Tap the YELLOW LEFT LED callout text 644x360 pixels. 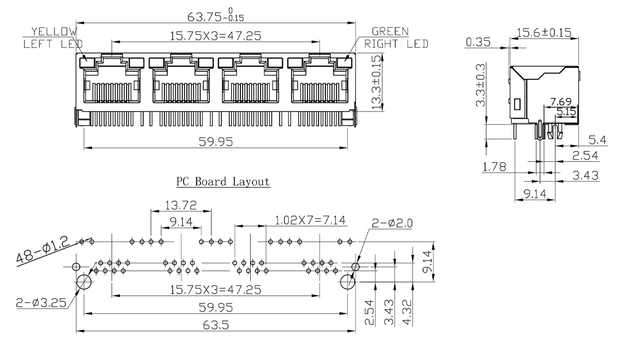click(53, 37)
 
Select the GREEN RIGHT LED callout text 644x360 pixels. click(396, 37)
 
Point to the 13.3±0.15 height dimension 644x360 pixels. click(377, 82)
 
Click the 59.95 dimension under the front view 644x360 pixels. click(216, 142)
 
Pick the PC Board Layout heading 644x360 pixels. click(223, 181)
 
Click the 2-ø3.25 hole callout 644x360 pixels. click(41, 303)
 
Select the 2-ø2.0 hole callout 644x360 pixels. click(392, 223)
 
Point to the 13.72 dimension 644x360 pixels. click(181, 205)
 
